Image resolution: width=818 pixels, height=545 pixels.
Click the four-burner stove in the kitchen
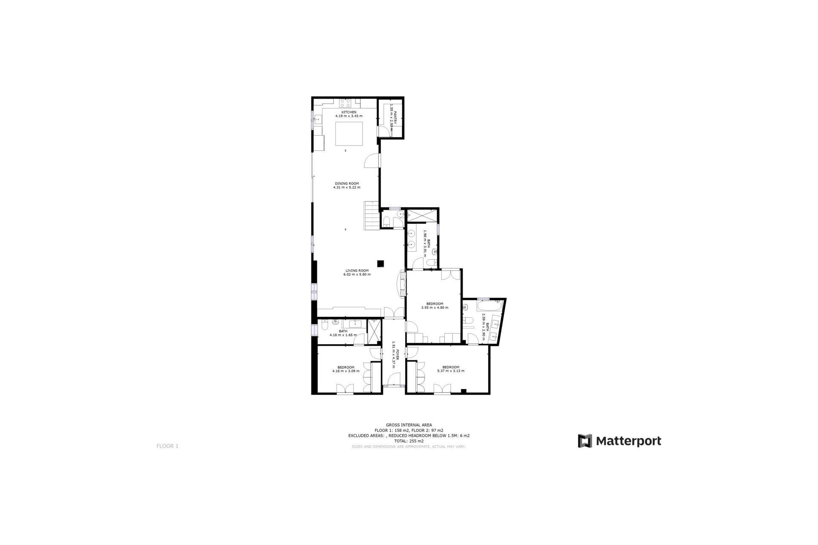345,103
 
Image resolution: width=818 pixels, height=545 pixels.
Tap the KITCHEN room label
349,112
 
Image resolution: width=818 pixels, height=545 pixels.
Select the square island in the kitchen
349,134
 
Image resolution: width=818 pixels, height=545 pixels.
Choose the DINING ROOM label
347,184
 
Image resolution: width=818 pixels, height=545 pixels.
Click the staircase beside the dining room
372,215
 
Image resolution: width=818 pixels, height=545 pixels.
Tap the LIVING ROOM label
357,270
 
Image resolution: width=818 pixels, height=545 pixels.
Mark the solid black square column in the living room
381,264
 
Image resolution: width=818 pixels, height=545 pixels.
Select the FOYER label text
397,355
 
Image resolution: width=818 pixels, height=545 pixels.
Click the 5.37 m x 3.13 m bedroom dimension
451,371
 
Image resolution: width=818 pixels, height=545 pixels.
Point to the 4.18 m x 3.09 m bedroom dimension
346,371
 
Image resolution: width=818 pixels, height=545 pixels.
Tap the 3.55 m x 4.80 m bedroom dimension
435,307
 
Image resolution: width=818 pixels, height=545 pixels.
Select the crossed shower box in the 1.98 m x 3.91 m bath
422,215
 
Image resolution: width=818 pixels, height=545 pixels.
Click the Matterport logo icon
585,441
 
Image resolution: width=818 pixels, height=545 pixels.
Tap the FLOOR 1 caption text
167,446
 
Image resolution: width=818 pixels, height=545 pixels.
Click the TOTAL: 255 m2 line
409,441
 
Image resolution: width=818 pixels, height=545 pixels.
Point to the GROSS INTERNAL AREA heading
409,425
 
